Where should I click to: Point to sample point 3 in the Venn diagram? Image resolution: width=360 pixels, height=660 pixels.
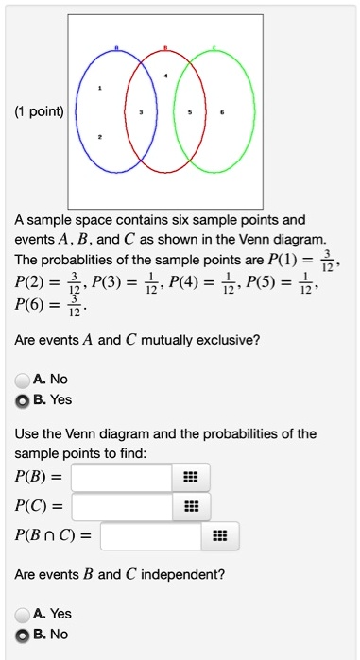point(141,111)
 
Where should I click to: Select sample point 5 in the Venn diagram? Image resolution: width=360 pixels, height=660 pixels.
point(193,111)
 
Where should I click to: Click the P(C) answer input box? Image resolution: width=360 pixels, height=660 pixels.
point(122,507)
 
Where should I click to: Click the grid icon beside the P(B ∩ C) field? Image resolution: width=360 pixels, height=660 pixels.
point(219,537)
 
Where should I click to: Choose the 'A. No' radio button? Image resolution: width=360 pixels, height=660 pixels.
point(23,380)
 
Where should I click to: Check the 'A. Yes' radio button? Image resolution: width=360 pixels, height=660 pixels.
point(23,615)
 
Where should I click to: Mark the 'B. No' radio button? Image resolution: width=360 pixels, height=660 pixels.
point(23,634)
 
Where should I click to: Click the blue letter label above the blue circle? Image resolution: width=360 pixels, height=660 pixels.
point(117,48)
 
